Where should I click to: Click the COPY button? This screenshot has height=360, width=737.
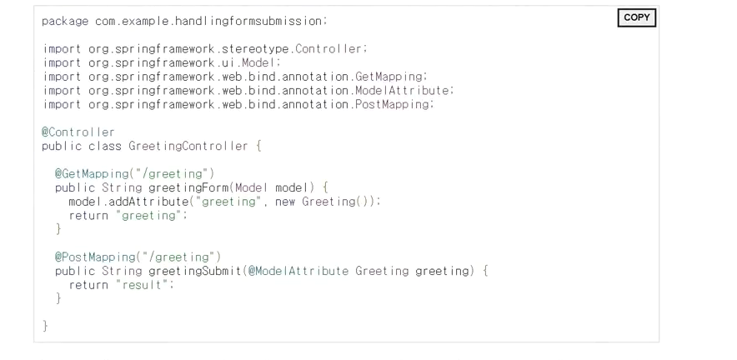click(x=636, y=18)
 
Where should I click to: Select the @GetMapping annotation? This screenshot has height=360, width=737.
click(x=91, y=172)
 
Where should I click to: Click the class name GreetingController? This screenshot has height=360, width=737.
click(x=188, y=146)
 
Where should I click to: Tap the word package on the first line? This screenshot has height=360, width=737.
click(x=65, y=20)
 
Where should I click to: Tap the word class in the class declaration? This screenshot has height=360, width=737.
click(x=106, y=146)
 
